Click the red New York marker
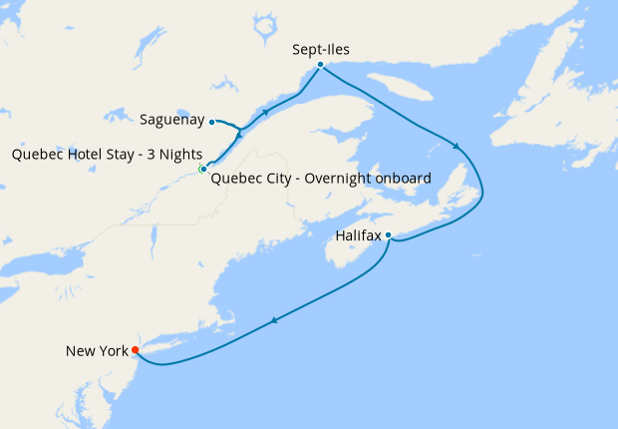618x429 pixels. click(x=136, y=350)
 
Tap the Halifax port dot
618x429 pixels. click(x=388, y=235)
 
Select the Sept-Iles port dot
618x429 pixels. click(x=320, y=65)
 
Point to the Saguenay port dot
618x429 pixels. click(x=212, y=122)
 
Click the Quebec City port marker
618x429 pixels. click(x=203, y=170)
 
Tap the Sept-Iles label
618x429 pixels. click(x=322, y=47)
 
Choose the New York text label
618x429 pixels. click(x=97, y=351)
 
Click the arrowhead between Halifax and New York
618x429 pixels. click(x=274, y=320)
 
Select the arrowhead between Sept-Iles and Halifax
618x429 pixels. click(x=457, y=147)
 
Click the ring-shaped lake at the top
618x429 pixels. click(x=263, y=28)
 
